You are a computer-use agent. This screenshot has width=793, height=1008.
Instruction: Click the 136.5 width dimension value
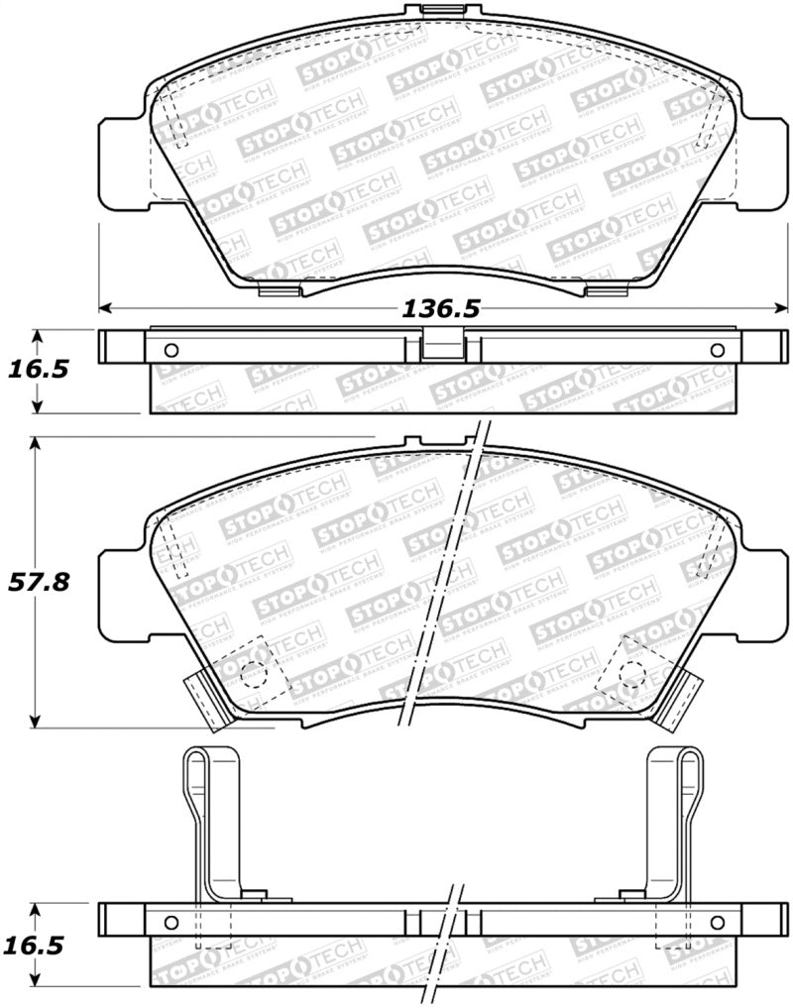click(x=440, y=309)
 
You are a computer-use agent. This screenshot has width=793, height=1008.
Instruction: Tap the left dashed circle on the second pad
click(x=254, y=672)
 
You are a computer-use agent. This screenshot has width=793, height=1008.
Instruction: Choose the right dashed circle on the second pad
click(x=631, y=672)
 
